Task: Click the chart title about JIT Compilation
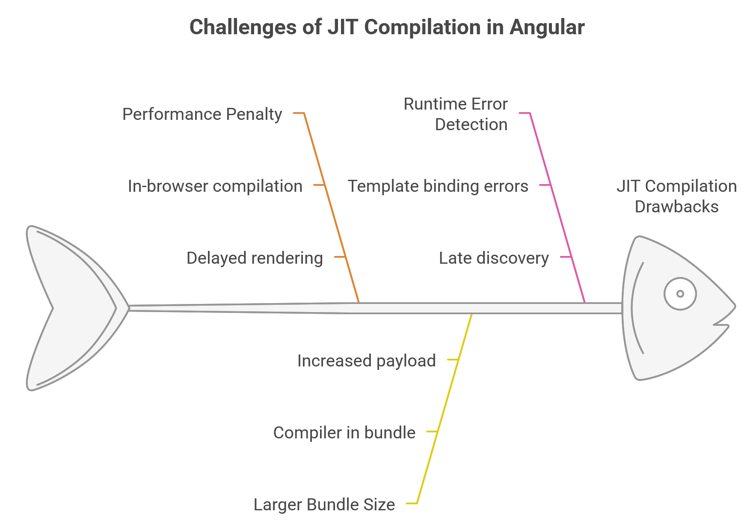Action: click(x=387, y=27)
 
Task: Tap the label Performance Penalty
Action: click(x=202, y=114)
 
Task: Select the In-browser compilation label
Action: click(x=215, y=186)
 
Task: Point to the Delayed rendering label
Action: click(x=255, y=258)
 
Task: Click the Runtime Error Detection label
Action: click(x=456, y=114)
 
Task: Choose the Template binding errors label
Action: click(x=438, y=186)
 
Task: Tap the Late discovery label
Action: click(x=494, y=258)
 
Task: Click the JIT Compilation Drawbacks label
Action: click(x=677, y=196)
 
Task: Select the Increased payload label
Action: click(x=367, y=361)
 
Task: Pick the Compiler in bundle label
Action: click(x=344, y=433)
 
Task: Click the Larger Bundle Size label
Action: click(x=324, y=505)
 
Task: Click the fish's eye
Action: click(x=680, y=294)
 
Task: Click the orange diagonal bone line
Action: click(x=331, y=207)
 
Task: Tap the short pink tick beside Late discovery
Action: click(x=566, y=257)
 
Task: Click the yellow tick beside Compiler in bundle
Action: click(x=432, y=432)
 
